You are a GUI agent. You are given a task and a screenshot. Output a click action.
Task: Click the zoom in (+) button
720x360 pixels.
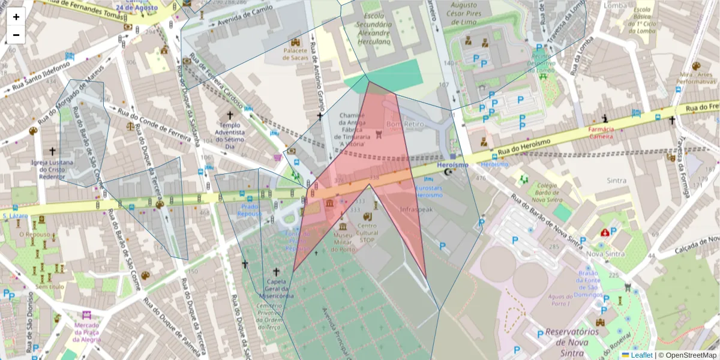pos(16,17)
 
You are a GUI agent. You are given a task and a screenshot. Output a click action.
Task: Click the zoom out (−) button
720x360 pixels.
pos(16,35)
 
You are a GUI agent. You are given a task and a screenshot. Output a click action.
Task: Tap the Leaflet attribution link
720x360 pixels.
pos(641,355)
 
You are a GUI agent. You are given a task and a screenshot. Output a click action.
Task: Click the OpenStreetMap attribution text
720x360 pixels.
pos(687,355)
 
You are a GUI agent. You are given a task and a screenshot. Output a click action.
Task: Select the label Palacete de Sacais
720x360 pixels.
pos(295,55)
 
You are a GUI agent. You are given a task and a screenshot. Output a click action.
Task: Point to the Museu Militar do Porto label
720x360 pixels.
pos(343,242)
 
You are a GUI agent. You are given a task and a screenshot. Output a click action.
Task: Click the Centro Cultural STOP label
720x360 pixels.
pos(367,233)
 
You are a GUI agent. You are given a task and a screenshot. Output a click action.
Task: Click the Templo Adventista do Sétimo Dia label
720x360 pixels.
pos(230,135)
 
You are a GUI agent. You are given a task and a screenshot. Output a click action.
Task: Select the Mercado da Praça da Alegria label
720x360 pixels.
pos(87,332)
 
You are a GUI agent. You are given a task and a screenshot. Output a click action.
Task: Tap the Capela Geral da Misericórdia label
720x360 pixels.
pos(276,289)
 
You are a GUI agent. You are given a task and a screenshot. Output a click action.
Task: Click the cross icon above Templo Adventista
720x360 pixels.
pos(229,115)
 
